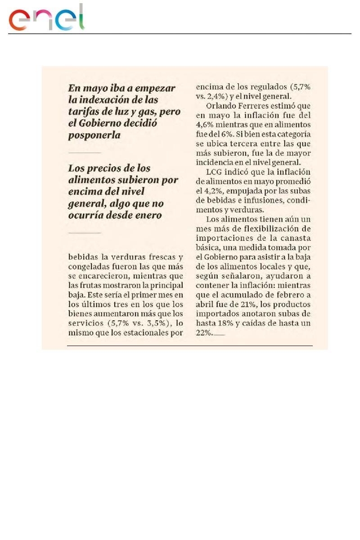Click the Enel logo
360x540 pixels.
pos(47,18)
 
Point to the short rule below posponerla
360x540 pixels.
pos(85,153)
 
